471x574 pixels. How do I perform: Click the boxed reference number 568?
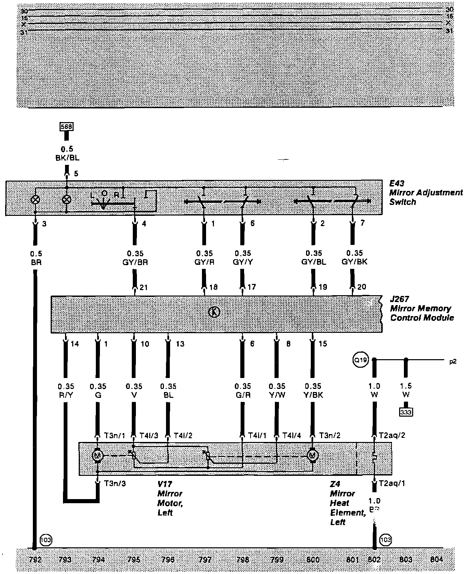coord(66,127)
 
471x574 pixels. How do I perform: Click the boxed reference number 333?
coord(406,412)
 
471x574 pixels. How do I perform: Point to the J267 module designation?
coord(399,299)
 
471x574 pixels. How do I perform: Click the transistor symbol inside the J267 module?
coord(214,312)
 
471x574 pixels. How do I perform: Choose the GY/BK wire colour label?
coord(354,262)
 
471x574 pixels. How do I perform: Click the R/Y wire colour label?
coord(66,395)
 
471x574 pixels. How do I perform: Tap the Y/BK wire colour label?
coord(313,395)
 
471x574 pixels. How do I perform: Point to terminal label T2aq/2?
coord(392,435)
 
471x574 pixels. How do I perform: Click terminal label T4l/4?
coord(292,435)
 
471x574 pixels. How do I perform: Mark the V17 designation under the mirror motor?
coord(165,484)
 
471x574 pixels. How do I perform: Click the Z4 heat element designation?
coord(335,484)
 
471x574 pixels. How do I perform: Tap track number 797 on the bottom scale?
coord(205,560)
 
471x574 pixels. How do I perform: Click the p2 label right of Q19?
coord(453,361)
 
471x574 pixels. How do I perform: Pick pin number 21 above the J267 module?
coord(143,287)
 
